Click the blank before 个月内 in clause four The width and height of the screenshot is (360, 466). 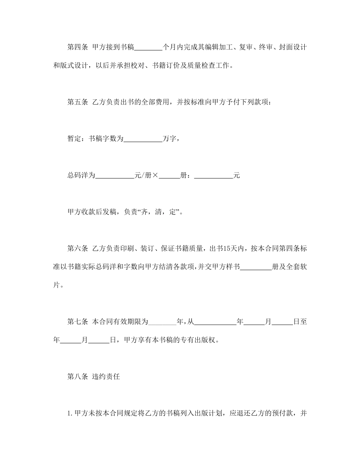[x=148, y=48]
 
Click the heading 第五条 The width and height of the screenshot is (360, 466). [x=78, y=102]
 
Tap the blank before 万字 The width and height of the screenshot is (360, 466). [x=143, y=139]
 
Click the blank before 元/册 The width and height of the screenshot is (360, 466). [x=114, y=176]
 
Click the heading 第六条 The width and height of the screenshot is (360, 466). [x=78, y=249]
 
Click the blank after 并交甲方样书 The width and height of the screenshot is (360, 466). [x=256, y=267]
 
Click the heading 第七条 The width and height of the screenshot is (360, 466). [x=78, y=322]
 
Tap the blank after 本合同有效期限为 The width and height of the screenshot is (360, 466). [x=162, y=322]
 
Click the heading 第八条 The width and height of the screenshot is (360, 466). [x=78, y=377]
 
